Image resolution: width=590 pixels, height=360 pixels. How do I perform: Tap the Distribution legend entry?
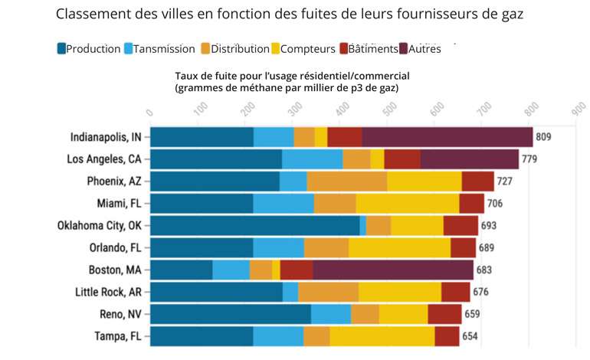coord(234,49)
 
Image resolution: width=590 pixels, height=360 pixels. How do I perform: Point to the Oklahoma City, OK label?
coord(99,225)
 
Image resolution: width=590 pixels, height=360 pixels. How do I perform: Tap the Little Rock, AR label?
coord(107,292)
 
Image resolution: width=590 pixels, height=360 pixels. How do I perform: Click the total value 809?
coord(544,137)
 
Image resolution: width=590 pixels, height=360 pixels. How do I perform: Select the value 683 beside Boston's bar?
coord(484,270)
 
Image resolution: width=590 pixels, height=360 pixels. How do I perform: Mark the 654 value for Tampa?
coord(470,336)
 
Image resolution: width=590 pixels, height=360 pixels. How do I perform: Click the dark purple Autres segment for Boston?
coord(392,270)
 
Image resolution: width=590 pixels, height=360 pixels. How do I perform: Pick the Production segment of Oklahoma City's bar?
coord(254,225)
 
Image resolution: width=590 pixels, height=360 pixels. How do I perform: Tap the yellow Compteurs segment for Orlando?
coord(399,247)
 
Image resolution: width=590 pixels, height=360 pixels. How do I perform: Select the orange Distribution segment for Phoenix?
coord(346,182)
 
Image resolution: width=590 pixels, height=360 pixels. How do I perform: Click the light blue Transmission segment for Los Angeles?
coord(312,159)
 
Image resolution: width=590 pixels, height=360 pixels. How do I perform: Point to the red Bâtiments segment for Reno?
coord(444,314)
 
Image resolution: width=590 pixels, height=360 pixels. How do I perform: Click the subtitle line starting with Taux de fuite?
coord(293,76)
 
